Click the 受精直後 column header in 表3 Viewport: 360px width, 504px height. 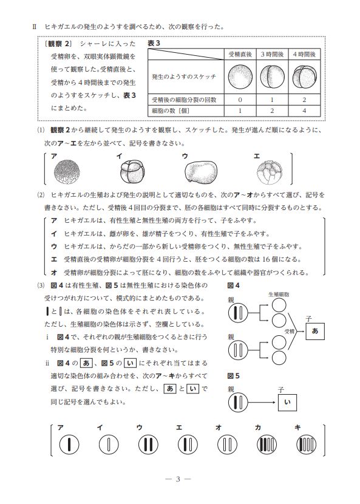tap(240, 54)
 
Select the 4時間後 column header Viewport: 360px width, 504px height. tap(304, 54)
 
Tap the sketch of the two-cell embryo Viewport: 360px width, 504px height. tap(272, 77)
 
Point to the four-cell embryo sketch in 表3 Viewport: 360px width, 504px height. tap(304, 77)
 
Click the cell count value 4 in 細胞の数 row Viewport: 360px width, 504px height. tap(304, 111)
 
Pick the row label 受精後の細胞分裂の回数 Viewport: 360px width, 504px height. tap(184, 100)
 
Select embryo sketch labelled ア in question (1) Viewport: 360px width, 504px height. tap(66, 172)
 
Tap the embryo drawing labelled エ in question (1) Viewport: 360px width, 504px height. tap(270, 172)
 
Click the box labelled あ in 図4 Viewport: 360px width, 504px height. tap(315, 331)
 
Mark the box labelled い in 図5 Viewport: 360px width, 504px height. tap(287, 402)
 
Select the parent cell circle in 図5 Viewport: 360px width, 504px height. tap(238, 403)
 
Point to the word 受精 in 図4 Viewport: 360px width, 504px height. tap(290, 331)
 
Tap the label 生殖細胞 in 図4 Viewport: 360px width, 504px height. tap(279, 294)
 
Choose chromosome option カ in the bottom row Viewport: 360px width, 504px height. tap(267, 445)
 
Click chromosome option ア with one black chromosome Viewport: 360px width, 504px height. tap(69, 445)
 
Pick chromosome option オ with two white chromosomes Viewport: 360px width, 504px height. tap(227, 445)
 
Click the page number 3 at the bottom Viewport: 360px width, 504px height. tap(178, 479)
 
